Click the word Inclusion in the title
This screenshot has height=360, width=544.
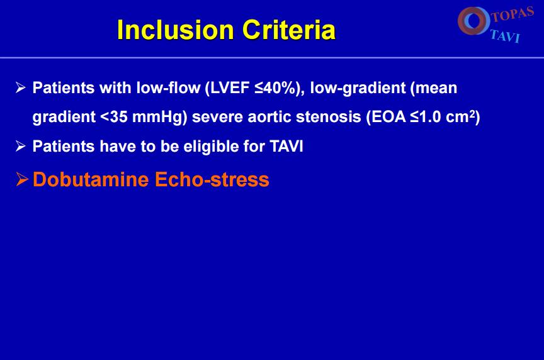(176, 30)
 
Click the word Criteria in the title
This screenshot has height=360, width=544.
(289, 30)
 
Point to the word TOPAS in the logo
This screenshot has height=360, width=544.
(513, 14)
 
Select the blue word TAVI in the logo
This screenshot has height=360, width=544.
(506, 36)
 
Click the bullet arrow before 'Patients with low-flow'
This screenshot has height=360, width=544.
(21, 87)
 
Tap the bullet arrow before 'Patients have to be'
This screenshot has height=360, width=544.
(21, 146)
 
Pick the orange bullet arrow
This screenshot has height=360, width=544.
(22, 179)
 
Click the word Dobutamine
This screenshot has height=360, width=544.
(91, 179)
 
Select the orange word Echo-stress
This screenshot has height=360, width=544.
(212, 179)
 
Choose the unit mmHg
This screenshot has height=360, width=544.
(157, 118)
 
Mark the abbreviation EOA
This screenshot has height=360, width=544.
(388, 117)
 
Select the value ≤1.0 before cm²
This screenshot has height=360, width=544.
(426, 117)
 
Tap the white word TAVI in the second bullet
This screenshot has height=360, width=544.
(286, 147)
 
